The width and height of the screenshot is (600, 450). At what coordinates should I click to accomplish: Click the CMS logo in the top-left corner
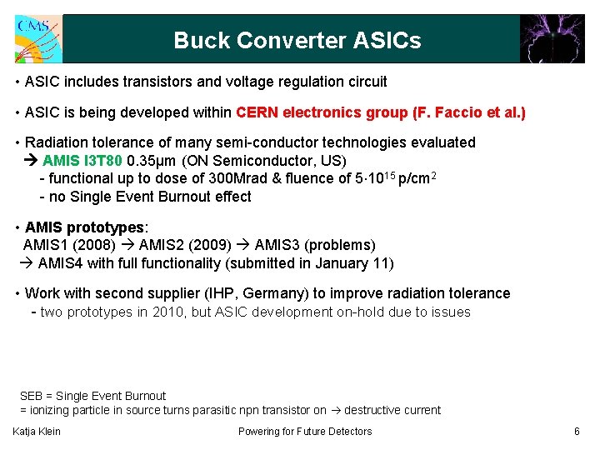[37, 38]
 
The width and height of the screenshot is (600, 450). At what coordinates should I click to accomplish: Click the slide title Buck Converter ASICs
[297, 40]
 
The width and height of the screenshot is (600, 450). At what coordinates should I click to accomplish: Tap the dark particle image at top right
[552, 38]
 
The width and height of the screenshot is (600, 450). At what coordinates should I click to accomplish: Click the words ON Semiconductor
[244, 160]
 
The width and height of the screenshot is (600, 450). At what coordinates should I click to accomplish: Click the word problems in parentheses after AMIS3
[342, 245]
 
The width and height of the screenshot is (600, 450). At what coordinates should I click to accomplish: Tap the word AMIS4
[57, 263]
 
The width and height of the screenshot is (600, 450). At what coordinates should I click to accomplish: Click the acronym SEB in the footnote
[32, 396]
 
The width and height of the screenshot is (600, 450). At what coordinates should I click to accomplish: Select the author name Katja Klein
[37, 431]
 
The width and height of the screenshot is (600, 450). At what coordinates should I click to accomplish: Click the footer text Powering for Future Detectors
[305, 431]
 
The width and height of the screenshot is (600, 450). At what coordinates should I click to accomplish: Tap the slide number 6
[577, 431]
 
